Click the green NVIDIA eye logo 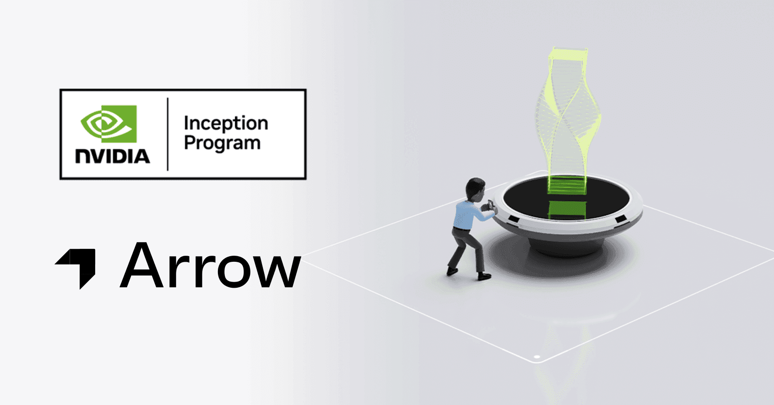tap(109, 124)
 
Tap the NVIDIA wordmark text tap(112, 156)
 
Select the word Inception tap(226, 124)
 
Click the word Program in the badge tap(222, 143)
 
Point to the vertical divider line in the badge tap(168, 134)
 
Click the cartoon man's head tap(475, 189)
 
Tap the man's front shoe tap(484, 276)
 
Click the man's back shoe tap(451, 271)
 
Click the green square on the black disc tap(567, 210)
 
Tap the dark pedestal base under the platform tap(566, 247)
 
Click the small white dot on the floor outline tap(537, 357)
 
